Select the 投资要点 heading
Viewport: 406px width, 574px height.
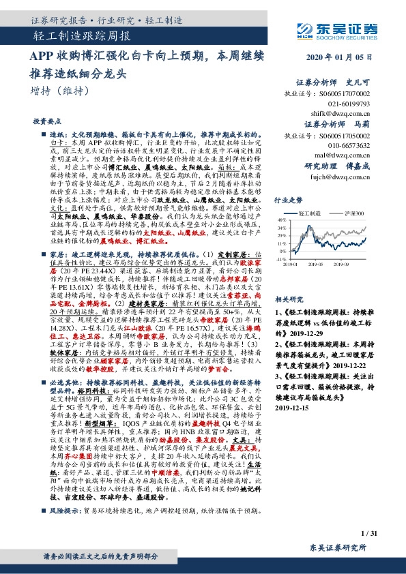44,121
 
